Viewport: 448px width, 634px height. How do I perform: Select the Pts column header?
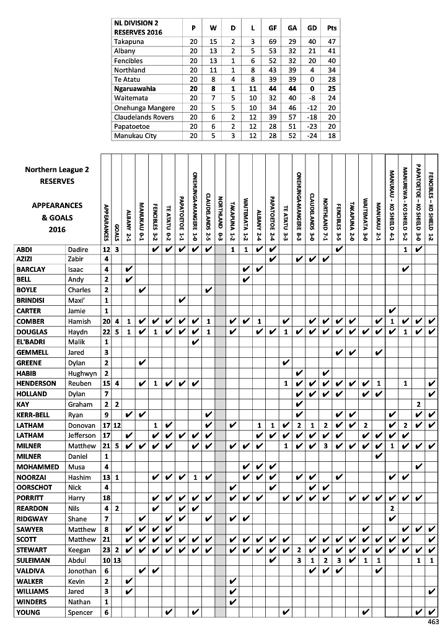coord(332,28)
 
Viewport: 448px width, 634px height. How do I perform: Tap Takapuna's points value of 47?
coord(332,41)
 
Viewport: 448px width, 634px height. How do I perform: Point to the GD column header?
coord(312,28)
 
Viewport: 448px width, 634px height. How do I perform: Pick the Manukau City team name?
coord(135,136)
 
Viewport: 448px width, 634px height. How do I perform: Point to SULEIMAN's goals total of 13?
coord(117,560)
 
